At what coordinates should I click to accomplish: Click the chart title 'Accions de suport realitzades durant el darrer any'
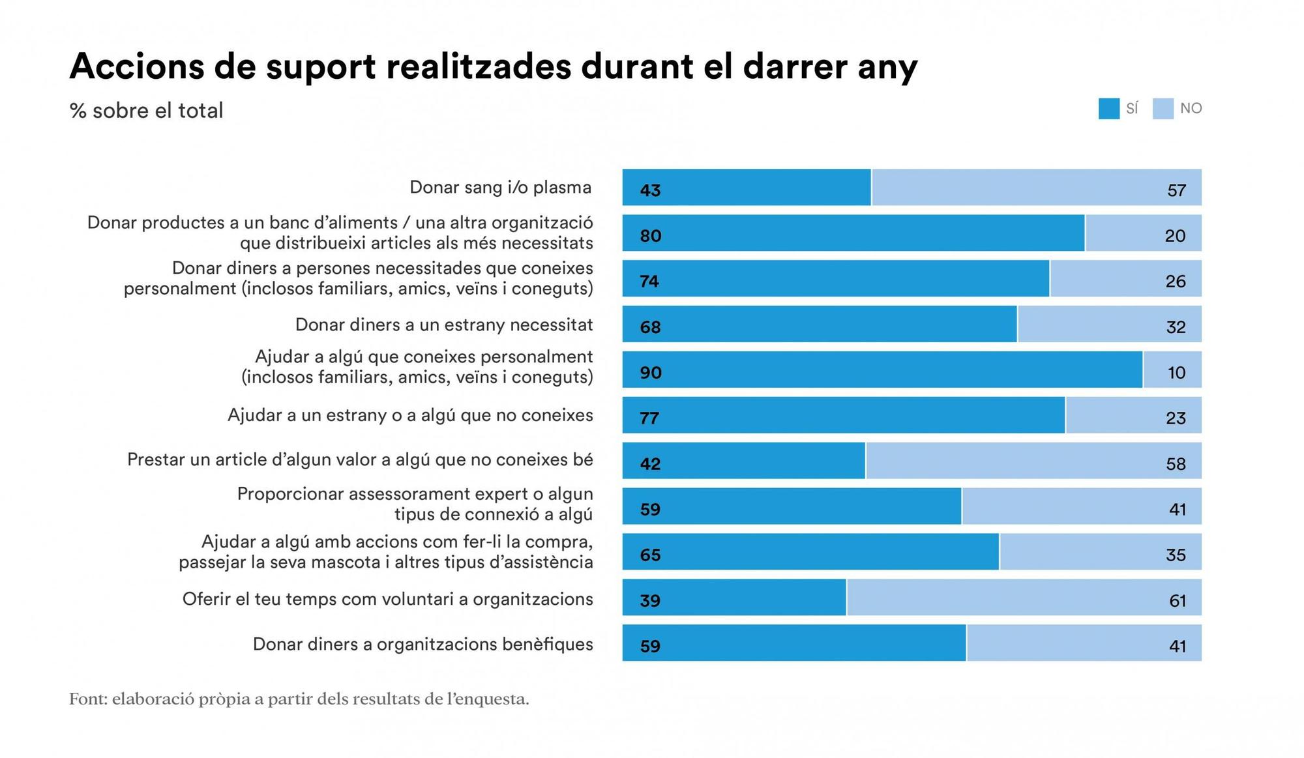click(493, 66)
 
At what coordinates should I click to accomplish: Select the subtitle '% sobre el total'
click(146, 110)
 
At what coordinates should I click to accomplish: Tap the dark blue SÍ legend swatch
click(1108, 109)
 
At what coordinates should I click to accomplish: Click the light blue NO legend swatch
click(1163, 109)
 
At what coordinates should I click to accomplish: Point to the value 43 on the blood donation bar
click(650, 190)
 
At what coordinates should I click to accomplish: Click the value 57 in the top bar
click(1176, 190)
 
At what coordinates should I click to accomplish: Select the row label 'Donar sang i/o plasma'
click(500, 188)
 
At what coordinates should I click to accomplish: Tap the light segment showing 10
click(1172, 370)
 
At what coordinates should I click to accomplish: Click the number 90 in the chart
click(651, 373)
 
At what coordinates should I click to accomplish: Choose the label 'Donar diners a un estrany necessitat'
click(444, 325)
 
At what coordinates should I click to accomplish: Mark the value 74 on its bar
click(649, 282)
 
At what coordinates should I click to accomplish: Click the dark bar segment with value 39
click(734, 598)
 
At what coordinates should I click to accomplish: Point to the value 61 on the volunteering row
click(1177, 600)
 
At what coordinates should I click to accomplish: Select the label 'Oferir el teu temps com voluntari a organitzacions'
click(387, 599)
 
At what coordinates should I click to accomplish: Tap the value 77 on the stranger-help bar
click(649, 418)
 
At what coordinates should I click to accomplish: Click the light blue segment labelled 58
click(1033, 461)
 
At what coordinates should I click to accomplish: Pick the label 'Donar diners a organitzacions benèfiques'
click(422, 645)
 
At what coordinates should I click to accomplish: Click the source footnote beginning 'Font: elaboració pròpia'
click(299, 699)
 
